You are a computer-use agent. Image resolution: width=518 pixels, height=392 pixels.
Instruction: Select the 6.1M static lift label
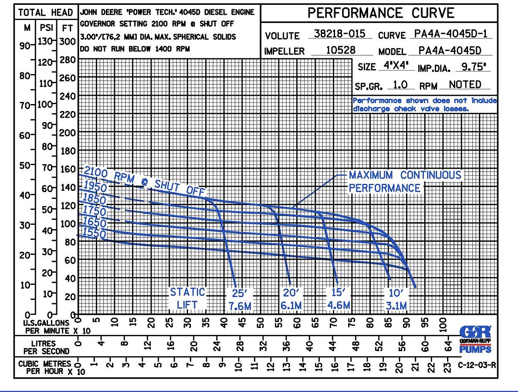(x=291, y=306)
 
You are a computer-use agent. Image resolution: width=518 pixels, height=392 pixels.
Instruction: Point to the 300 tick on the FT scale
(x=68, y=41)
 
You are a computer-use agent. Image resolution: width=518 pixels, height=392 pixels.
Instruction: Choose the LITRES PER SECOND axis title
(x=47, y=347)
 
